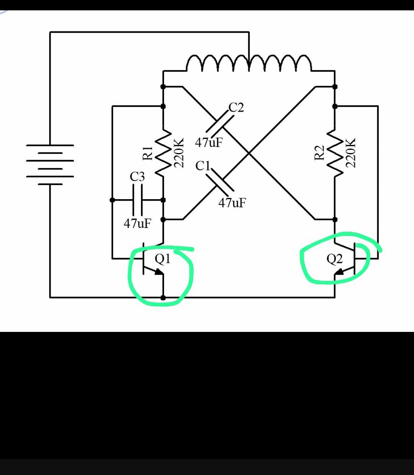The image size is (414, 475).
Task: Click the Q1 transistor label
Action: click(163, 259)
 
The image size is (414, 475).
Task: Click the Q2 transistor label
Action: click(334, 259)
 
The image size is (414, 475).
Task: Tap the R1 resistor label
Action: click(148, 153)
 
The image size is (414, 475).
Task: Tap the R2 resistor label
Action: click(319, 153)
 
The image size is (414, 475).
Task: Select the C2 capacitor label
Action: click(236, 107)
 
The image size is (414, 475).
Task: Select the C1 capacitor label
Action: click(202, 166)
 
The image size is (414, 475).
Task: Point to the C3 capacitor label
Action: click(137, 176)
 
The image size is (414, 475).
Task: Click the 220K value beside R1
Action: click(179, 153)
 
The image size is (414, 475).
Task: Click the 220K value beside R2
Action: click(350, 153)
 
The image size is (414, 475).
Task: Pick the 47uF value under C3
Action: click(138, 224)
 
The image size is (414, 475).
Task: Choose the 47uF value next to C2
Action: click(209, 142)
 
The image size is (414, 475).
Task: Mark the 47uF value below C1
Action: click(232, 203)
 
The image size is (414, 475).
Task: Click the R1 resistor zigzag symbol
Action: click(163, 153)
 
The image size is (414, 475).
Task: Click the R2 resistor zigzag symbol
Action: click(335, 153)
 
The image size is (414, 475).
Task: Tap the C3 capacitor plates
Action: click(138, 200)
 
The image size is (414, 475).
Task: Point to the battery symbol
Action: click(50, 165)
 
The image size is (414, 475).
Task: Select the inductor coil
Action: click(249, 63)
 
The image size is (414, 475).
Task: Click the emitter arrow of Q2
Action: click(339, 272)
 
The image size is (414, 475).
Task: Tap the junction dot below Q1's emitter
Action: click(163, 298)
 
